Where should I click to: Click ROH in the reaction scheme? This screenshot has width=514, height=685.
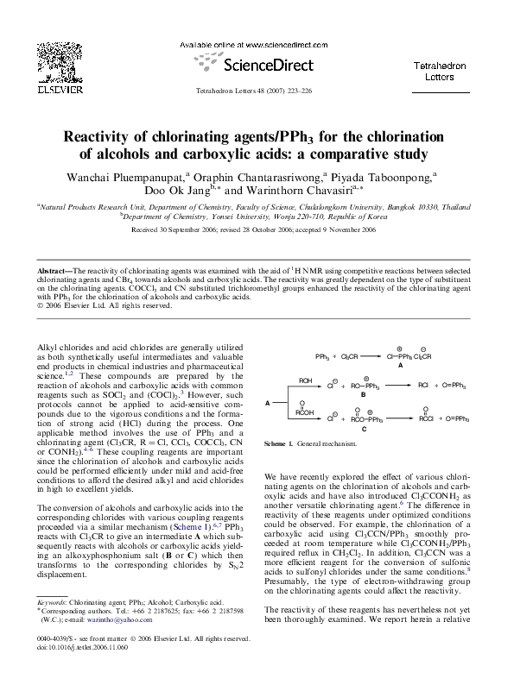[x=306, y=380]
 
